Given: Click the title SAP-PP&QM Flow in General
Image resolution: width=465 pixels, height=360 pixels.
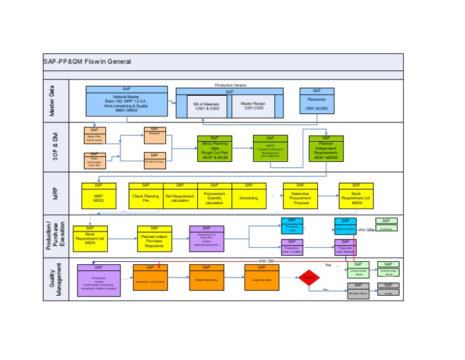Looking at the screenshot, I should pyautogui.click(x=87, y=61).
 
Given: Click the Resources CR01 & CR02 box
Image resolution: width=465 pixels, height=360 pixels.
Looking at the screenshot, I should pyautogui.click(x=316, y=104).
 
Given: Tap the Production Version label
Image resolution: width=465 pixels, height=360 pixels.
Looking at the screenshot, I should pyautogui.click(x=231, y=85).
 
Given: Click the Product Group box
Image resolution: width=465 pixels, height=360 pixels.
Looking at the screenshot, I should pyautogui.click(x=154, y=162).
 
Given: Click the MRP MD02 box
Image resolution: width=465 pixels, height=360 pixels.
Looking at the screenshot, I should pyautogui.click(x=98, y=197).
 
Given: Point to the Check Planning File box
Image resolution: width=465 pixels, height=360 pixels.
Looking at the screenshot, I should pyautogui.click(x=145, y=197).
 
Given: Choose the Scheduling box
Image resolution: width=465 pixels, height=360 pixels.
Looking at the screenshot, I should pyautogui.click(x=248, y=198).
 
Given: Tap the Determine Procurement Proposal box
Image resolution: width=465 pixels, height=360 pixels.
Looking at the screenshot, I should pyautogui.click(x=300, y=198).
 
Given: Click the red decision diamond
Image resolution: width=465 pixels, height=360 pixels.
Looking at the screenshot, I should pyautogui.click(x=308, y=278).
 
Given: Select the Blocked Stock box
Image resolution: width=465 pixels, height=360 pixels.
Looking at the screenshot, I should pyautogui.click(x=358, y=293).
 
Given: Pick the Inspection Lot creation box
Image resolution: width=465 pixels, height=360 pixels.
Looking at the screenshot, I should pyautogui.click(x=150, y=281).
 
